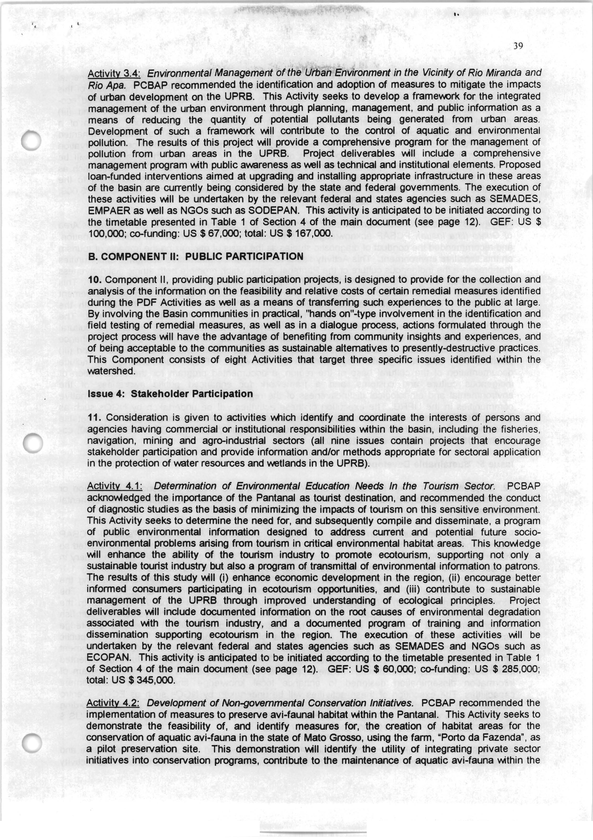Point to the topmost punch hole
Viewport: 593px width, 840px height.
pyautogui.click(x=32, y=141)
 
